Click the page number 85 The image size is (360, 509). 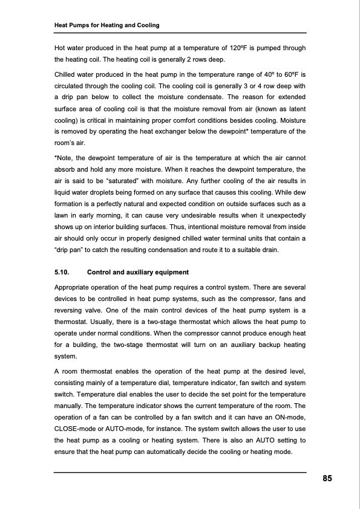point(327,479)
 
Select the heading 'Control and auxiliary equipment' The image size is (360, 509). point(138,272)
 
